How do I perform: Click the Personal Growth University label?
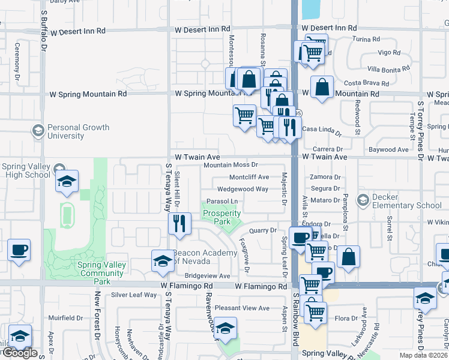click(x=78, y=131)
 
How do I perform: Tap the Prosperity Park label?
click(x=221, y=217)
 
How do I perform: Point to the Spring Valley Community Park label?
click(x=94, y=273)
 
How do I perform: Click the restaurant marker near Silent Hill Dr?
click(x=179, y=223)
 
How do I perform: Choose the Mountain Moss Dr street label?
click(x=231, y=164)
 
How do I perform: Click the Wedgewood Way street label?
click(x=243, y=188)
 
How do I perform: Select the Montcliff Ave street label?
click(x=249, y=177)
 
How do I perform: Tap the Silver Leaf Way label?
click(x=134, y=295)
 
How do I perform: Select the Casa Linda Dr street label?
click(x=321, y=129)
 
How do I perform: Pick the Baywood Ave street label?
click(x=388, y=149)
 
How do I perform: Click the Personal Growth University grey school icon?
click(x=38, y=131)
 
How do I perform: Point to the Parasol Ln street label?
click(x=222, y=201)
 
